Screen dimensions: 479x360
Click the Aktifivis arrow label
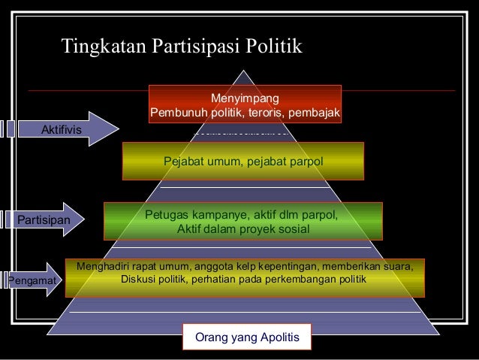(62, 129)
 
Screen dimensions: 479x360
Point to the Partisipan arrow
(45, 220)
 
